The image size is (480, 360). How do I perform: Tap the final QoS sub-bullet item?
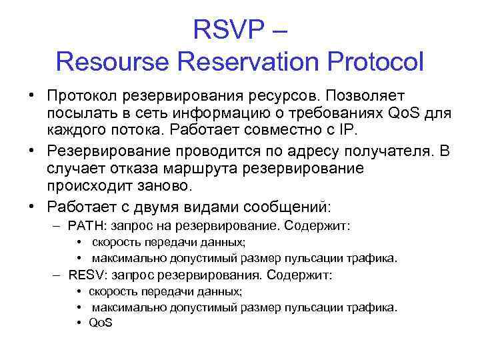(101, 323)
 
